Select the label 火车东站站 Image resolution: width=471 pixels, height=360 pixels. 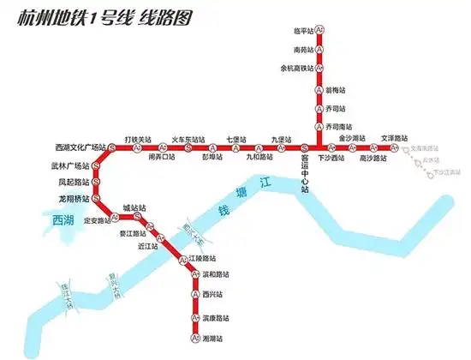[188, 139]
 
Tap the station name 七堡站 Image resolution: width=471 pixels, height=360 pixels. [236, 139]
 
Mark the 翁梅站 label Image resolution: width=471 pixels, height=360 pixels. [336, 89]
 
